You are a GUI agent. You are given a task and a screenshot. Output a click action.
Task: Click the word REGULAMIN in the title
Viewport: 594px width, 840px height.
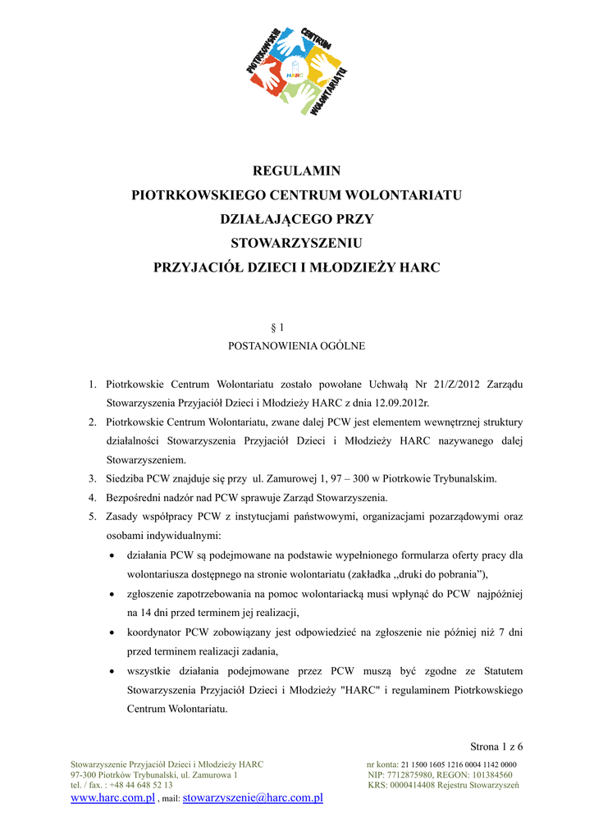coord(297,171)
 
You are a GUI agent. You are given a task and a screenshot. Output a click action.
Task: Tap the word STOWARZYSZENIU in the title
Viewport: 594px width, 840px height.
coord(297,244)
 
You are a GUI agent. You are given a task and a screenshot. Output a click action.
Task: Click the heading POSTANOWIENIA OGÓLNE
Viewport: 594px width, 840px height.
coord(296,346)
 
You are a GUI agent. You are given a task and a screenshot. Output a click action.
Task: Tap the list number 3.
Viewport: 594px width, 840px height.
coord(93,478)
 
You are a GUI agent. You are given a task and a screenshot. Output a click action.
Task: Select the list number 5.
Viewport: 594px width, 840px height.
coord(93,517)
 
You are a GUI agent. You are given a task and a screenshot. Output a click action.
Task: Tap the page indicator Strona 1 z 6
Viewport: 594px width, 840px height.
coord(496,746)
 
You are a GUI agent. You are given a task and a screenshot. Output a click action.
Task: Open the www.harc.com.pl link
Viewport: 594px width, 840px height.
coord(112,797)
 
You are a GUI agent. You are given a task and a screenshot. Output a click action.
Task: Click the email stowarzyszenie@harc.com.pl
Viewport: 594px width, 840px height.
coord(253,797)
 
